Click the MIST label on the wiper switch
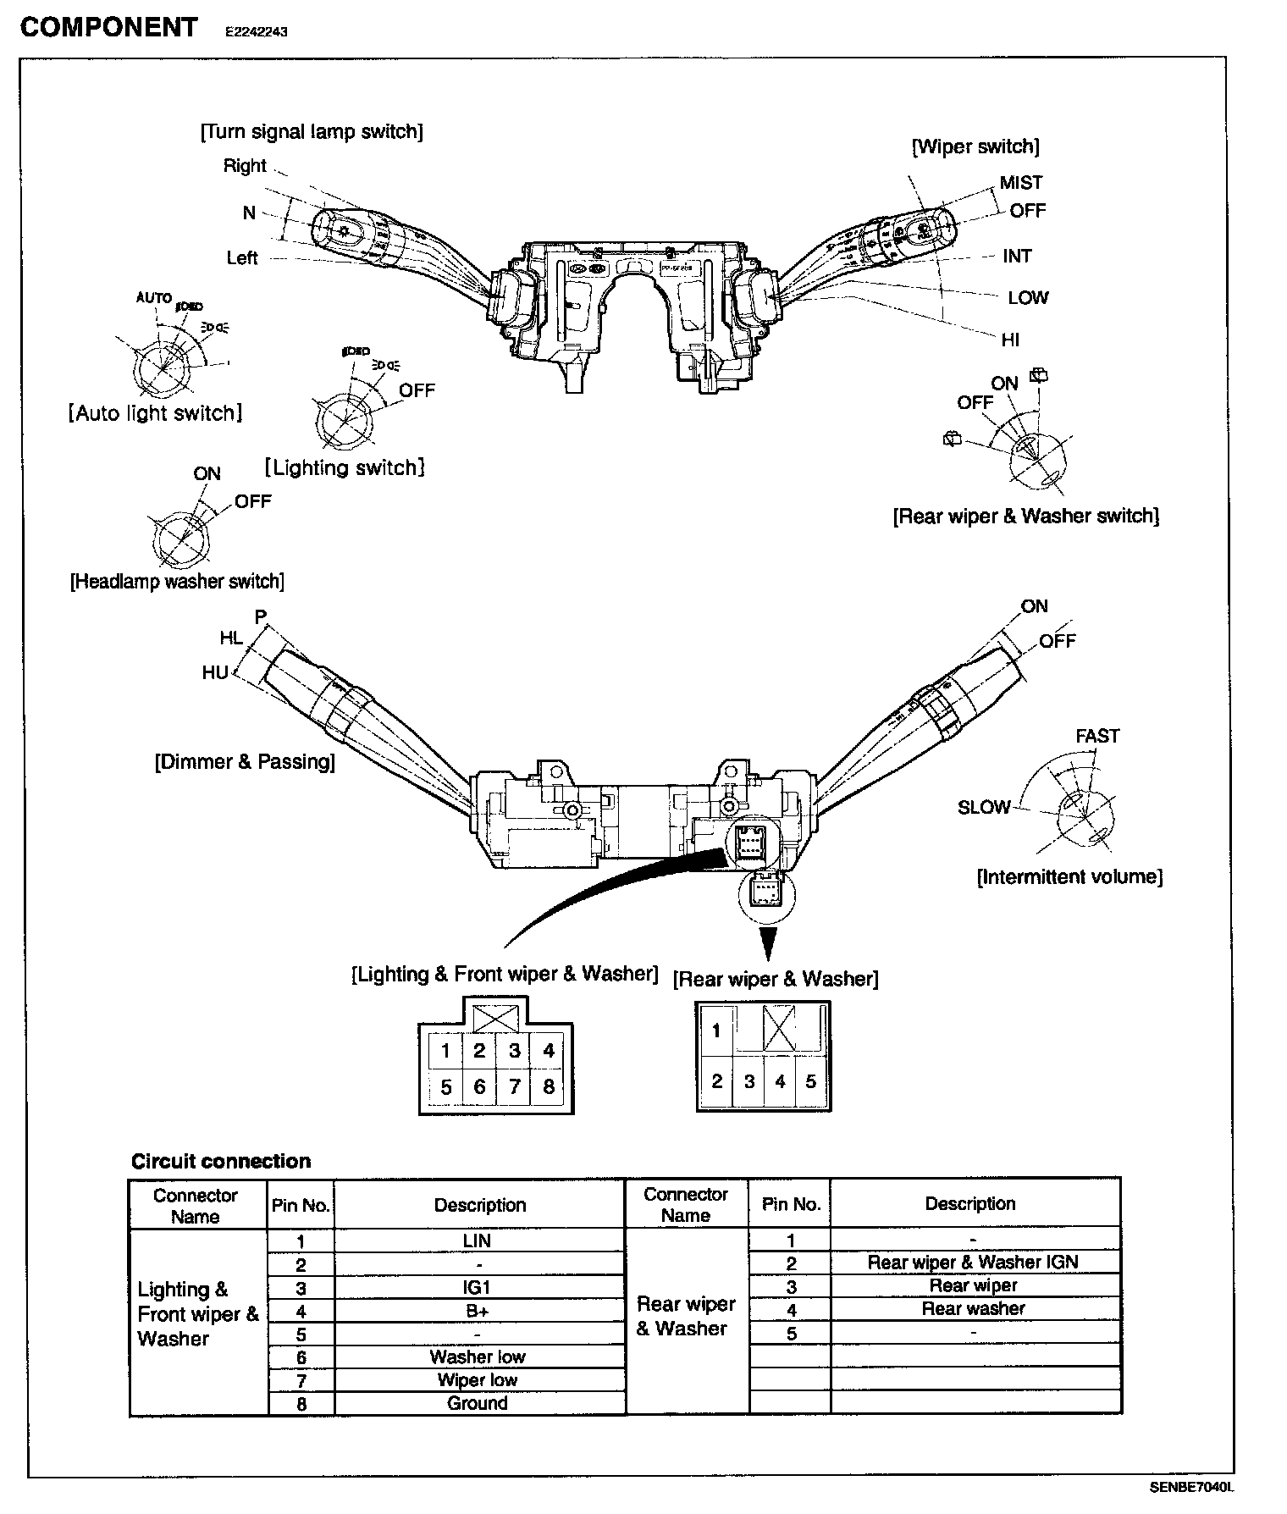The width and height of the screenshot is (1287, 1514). [1020, 183]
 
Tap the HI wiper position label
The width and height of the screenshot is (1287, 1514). [1010, 340]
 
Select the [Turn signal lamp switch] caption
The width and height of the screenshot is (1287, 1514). [312, 132]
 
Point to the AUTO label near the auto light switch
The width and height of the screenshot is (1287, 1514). [154, 298]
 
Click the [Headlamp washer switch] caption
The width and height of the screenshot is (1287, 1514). [177, 582]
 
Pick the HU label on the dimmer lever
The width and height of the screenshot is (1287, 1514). [215, 672]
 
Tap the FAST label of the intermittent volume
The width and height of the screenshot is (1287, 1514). [1097, 736]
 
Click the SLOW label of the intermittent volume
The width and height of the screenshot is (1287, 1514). [984, 808]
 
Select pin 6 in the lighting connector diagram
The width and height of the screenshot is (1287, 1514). [479, 1086]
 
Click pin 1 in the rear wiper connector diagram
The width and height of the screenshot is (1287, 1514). [716, 1031]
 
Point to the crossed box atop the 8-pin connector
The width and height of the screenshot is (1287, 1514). [496, 1017]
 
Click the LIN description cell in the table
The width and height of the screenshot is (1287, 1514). [478, 1240]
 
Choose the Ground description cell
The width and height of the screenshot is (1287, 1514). [478, 1403]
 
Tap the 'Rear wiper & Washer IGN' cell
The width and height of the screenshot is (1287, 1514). [973, 1263]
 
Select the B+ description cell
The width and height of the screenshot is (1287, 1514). [478, 1311]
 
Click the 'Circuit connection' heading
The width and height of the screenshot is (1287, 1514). [221, 1161]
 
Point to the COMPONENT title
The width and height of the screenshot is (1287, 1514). [108, 27]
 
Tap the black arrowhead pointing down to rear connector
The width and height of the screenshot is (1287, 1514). [767, 941]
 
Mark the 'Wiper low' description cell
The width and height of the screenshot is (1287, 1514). [478, 1380]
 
